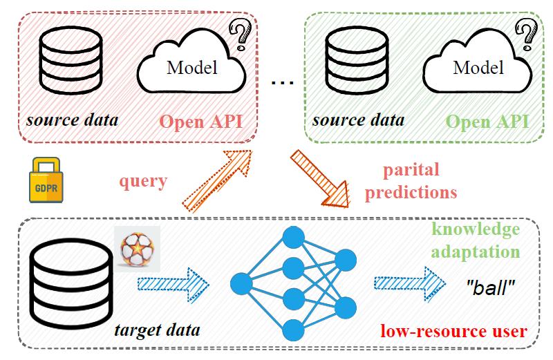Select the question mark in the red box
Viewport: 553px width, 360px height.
tap(240, 32)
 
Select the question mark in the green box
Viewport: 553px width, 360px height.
tap(527, 32)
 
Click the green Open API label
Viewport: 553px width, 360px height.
tap(487, 122)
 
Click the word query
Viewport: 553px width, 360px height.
tap(143, 181)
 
